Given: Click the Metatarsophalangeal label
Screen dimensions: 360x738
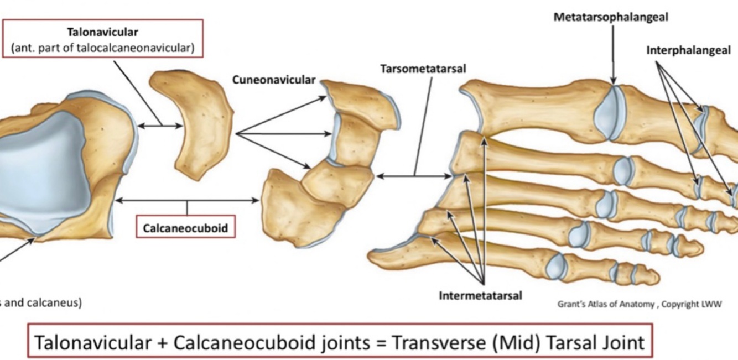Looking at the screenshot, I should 611,17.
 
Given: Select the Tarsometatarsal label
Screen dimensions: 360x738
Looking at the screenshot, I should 423,69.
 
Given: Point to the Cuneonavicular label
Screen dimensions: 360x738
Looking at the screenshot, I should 274,80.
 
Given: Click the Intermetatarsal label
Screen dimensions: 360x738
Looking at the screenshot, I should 480,295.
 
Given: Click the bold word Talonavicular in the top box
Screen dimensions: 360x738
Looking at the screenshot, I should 102,32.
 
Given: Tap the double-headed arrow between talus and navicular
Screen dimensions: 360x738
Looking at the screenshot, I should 160,126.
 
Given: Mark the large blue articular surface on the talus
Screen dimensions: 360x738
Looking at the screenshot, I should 39,171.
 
